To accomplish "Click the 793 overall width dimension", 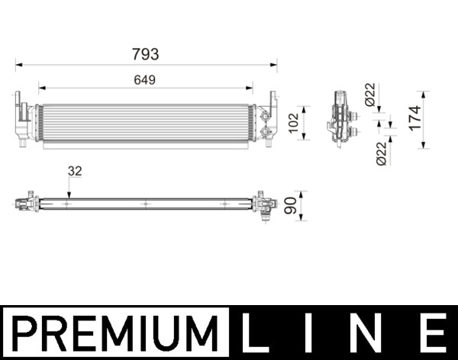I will [x=145, y=54].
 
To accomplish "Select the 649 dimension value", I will [x=145, y=79].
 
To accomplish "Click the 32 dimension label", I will [x=74, y=172].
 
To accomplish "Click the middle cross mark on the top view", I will [x=145, y=204].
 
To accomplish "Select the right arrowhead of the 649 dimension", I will [x=251, y=88].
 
